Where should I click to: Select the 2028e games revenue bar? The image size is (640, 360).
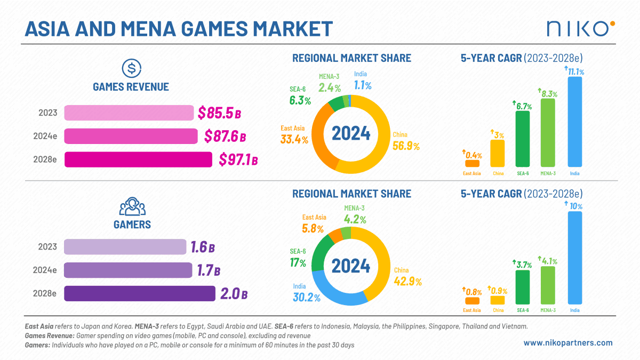pyautogui.click(x=138, y=159)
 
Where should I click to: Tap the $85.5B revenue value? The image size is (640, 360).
pyautogui.click(x=219, y=113)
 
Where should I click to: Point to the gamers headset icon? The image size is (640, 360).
pyautogui.click(x=132, y=206)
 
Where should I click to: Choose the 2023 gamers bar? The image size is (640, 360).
pyautogui.click(x=125, y=247)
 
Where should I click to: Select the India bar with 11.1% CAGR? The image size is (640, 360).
pyautogui.click(x=574, y=122)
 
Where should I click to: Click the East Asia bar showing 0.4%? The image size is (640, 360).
pyautogui.click(x=472, y=164)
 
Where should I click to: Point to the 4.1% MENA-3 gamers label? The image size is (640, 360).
pyautogui.click(x=549, y=261)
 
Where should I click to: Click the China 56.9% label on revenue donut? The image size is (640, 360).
pyautogui.click(x=406, y=142)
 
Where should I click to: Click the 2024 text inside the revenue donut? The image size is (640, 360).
pyautogui.click(x=350, y=132)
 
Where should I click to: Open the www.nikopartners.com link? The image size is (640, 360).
pyautogui.click(x=568, y=343)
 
